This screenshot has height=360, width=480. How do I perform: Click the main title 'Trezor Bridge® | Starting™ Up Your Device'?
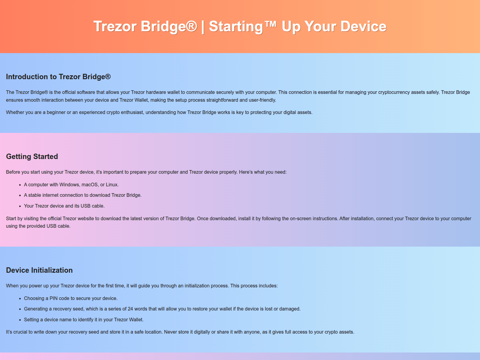[x=240, y=26]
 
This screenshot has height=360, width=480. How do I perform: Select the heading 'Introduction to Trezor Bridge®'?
[x=58, y=77]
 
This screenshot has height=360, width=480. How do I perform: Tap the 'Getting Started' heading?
[x=32, y=157]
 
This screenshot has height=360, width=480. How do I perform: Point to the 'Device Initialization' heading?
[x=39, y=270]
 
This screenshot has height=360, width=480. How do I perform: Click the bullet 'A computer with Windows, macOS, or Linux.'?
[x=71, y=185]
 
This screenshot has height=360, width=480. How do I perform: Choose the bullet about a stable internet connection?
[x=83, y=195]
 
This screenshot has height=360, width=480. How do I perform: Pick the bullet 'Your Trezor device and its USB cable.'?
[x=64, y=206]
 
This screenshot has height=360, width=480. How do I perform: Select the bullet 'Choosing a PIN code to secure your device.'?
[x=71, y=298]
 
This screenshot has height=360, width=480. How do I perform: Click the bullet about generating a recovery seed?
[x=162, y=309]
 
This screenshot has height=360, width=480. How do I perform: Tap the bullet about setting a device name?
[x=84, y=319]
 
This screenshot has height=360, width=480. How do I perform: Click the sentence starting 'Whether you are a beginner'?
[x=159, y=112]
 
